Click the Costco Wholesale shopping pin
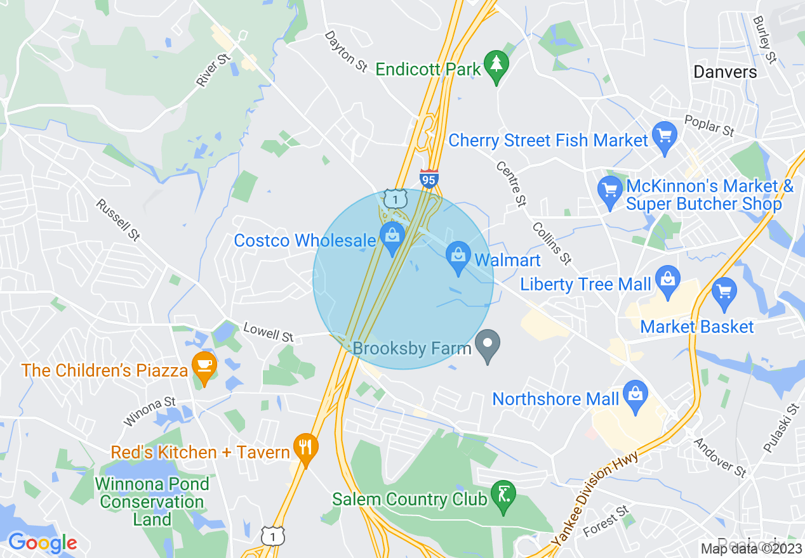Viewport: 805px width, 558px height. pyautogui.click(x=392, y=237)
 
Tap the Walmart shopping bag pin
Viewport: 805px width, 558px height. pyautogui.click(x=457, y=257)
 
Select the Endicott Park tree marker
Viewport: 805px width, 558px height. pyautogui.click(x=496, y=66)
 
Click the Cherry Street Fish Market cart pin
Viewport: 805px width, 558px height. pyautogui.click(x=665, y=137)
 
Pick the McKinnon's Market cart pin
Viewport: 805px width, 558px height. pyautogui.click(x=610, y=191)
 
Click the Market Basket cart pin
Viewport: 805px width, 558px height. pyautogui.click(x=724, y=293)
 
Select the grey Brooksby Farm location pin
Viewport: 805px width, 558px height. pyautogui.click(x=488, y=346)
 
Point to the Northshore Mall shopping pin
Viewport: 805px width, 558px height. pyautogui.click(x=635, y=394)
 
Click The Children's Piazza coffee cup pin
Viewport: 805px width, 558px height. pyautogui.click(x=204, y=367)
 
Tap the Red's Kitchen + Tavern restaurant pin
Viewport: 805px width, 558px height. pyautogui.click(x=306, y=448)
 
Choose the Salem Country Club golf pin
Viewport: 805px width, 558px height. pyautogui.click(x=503, y=495)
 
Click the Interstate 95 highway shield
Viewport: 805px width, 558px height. pyautogui.click(x=429, y=178)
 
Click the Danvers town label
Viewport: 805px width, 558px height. pyautogui.click(x=725, y=72)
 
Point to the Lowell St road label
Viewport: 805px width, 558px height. pyautogui.click(x=269, y=332)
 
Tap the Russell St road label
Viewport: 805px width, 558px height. pyautogui.click(x=118, y=220)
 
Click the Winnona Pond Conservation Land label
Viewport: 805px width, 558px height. pyautogui.click(x=152, y=502)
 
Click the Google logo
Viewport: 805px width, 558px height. pyautogui.click(x=43, y=542)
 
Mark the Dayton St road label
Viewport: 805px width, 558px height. pyautogui.click(x=347, y=51)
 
